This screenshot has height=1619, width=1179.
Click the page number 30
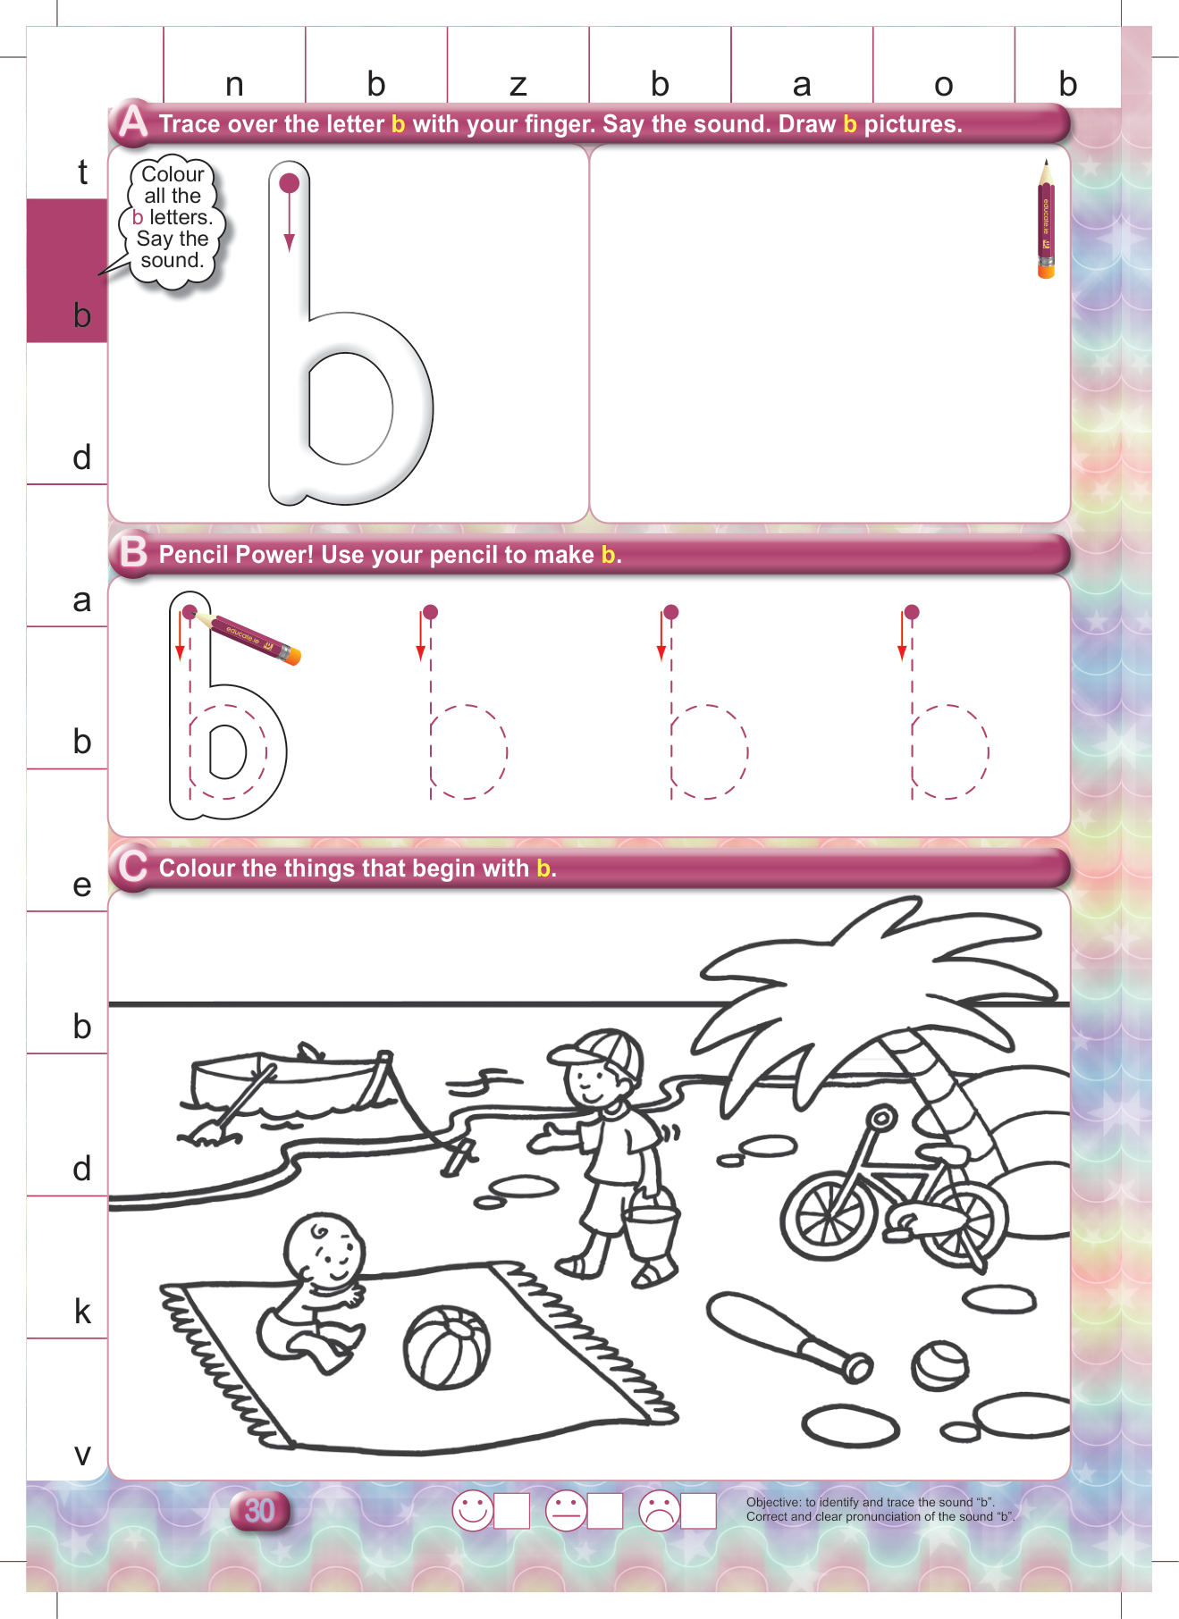tap(259, 1510)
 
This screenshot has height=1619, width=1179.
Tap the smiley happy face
tap(473, 1510)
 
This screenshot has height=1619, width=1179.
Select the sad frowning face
tap(660, 1510)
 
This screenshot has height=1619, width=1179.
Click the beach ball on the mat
tap(447, 1348)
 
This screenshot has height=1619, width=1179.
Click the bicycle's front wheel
tap(828, 1216)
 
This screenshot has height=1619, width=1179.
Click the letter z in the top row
tap(518, 85)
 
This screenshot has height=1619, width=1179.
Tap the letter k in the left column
tap(82, 1311)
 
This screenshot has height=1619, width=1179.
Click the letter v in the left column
tap(82, 1455)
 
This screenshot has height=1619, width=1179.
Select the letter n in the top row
tap(234, 85)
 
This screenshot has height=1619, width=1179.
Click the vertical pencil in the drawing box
tap(1046, 219)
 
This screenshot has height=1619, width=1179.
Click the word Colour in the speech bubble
tap(173, 174)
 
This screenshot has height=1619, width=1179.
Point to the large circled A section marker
tap(133, 121)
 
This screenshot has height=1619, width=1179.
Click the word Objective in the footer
tap(774, 1502)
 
